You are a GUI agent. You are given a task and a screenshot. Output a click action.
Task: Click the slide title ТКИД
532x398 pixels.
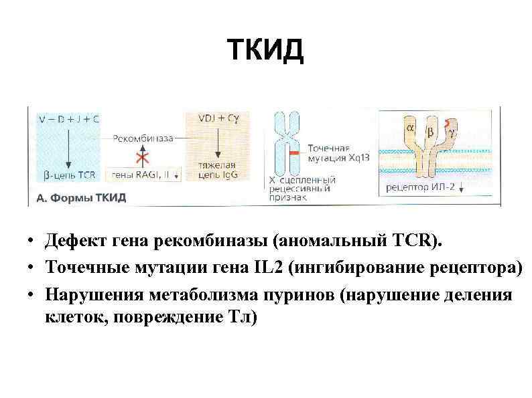click(x=265, y=49)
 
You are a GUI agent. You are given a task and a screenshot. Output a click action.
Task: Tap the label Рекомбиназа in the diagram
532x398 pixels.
click(x=144, y=138)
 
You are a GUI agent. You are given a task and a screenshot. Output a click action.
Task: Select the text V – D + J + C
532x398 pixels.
click(x=69, y=119)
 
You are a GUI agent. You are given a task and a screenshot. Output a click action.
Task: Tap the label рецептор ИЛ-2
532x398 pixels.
click(x=421, y=187)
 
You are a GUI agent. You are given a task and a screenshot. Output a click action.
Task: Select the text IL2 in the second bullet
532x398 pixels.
click(x=268, y=268)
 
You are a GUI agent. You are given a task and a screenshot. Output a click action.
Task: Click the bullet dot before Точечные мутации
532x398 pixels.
click(x=33, y=268)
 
